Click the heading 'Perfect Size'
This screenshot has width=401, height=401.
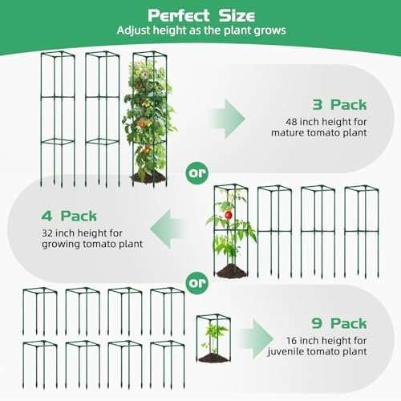coord(201,15)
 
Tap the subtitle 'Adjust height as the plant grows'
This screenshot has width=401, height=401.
coord(201,30)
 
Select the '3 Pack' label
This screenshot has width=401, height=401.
coord(339,104)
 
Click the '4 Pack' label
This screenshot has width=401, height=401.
coord(69,216)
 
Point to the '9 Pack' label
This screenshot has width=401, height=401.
coord(339,323)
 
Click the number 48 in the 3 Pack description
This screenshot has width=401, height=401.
coord(291,122)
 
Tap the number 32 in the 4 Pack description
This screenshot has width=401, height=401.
coord(47,233)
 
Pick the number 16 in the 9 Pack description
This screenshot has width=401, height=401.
coord(292,341)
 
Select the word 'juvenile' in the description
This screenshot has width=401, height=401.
coord(286,352)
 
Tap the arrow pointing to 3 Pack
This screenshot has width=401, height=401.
coord(228,119)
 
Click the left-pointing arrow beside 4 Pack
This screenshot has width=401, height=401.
coord(168,229)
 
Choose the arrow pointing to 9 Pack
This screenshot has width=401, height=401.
coord(256,339)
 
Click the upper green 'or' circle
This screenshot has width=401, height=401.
coord(197,173)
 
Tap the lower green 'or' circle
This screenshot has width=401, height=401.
coord(197,283)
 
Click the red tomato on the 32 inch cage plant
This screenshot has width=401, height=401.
coord(228,214)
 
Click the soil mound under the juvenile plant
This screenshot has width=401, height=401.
coord(213,358)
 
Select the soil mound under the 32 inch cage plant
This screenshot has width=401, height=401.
coord(231,271)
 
